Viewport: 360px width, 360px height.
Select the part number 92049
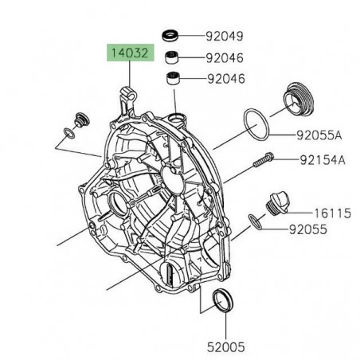(225, 36)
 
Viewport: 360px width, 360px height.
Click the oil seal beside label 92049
(170, 35)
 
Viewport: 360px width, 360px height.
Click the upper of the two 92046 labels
(225, 57)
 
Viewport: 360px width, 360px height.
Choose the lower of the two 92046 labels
(225, 79)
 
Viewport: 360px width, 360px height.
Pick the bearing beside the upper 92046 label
(170, 57)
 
